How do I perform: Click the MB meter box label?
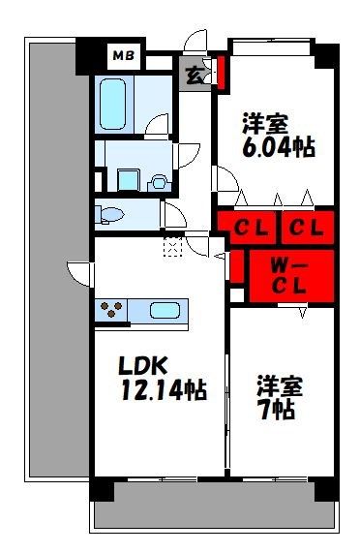point(124,55)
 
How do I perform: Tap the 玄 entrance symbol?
point(195,76)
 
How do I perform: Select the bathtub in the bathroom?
point(112,104)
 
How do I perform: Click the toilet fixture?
point(109,214)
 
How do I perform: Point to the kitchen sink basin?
point(165,310)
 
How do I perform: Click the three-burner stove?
point(111,309)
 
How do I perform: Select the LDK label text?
point(142,366)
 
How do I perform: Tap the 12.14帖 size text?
point(164,389)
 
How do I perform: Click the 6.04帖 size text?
point(279,146)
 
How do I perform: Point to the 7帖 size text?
point(276,409)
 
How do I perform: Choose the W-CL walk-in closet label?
point(288,276)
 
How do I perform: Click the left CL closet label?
point(252,229)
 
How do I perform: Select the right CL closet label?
point(306,229)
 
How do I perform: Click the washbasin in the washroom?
point(159,181)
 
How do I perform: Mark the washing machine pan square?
point(128,180)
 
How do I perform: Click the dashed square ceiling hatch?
point(173,246)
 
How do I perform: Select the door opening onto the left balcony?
point(78,274)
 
